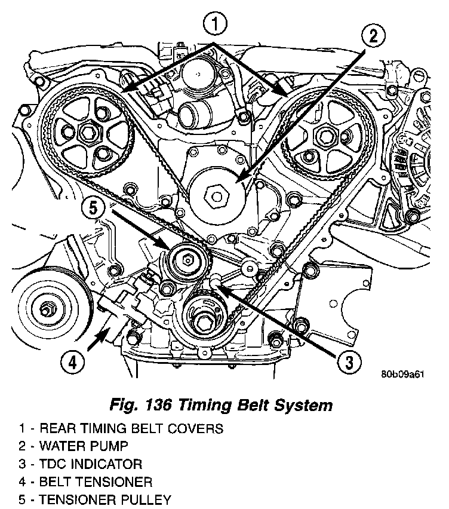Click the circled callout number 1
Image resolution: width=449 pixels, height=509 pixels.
pos(216,24)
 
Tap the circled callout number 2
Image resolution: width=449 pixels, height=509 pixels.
pos(373,37)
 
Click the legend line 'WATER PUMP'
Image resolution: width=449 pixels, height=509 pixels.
pos(84,446)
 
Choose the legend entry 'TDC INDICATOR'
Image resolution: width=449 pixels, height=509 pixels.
pos(90,464)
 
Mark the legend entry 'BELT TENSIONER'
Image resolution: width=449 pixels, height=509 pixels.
pos(93,482)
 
